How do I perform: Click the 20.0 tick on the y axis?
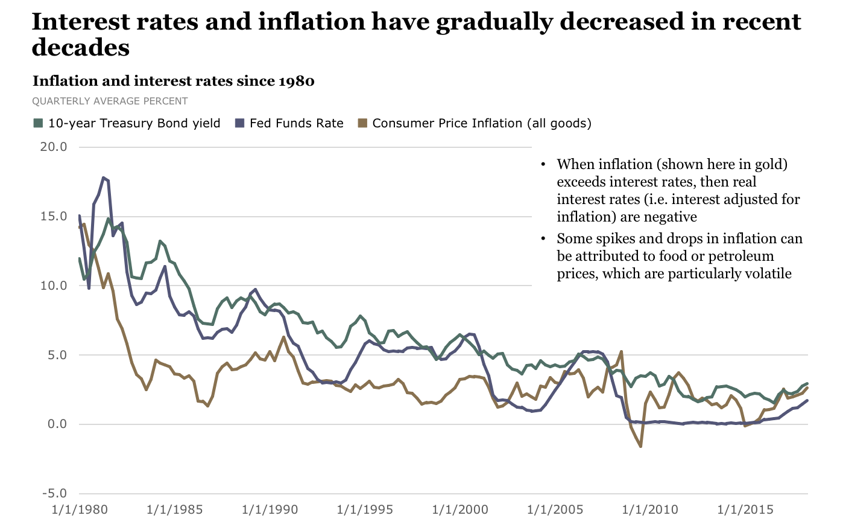click(54, 147)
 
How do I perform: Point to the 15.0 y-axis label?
click(54, 216)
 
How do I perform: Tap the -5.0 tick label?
click(54, 494)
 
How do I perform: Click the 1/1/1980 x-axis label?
click(80, 509)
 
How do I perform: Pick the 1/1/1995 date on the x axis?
click(365, 509)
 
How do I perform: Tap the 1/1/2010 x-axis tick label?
click(650, 509)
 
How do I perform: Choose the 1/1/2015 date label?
click(745, 509)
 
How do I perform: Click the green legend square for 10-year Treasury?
click(38, 123)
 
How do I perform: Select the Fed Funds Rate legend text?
click(296, 123)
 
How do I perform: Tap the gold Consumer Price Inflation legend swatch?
click(362, 123)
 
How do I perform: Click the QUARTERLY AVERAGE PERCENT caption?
click(110, 101)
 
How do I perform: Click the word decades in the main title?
click(80, 47)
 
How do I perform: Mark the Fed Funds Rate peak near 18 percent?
click(104, 177)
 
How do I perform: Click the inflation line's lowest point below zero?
click(640, 446)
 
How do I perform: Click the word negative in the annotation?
click(670, 217)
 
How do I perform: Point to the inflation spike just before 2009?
click(621, 351)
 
